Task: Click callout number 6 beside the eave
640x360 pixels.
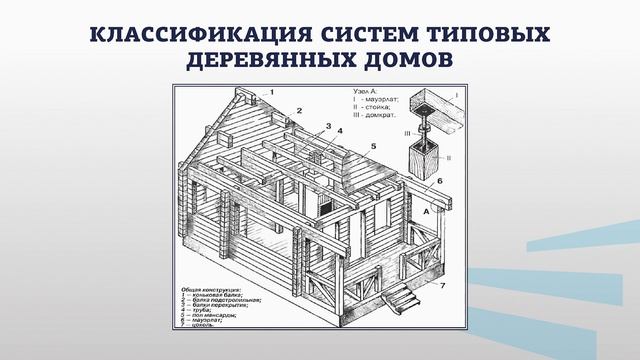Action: point(437,183)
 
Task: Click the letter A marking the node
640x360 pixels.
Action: point(428,212)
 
